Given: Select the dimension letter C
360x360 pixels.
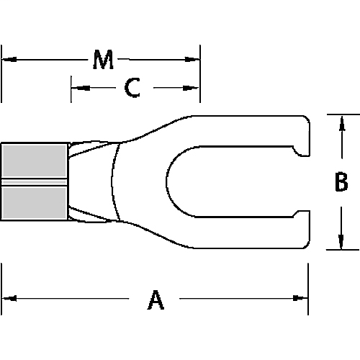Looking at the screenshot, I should point(131,88).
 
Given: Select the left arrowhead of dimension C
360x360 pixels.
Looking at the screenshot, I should point(76,88).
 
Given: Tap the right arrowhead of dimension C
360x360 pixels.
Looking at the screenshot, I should point(196,88).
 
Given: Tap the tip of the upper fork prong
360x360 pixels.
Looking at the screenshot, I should point(307,137).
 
